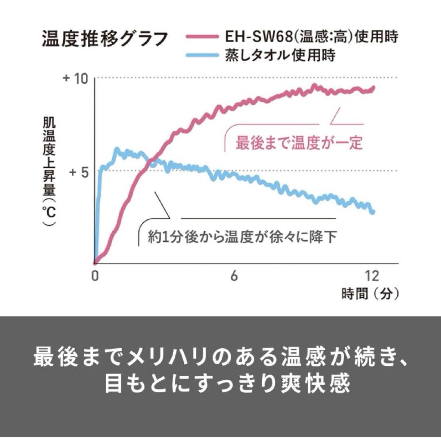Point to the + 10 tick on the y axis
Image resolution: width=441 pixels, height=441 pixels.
pyautogui.click(x=76, y=78)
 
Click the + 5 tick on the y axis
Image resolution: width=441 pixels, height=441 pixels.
pyautogui.click(x=78, y=171)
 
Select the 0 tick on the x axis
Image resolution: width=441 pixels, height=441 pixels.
pyautogui.click(x=95, y=277)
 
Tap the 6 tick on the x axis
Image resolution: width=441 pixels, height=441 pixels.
pyautogui.click(x=234, y=277)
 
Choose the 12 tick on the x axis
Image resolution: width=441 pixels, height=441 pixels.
pyautogui.click(x=372, y=277)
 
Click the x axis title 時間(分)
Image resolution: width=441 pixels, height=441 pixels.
pyautogui.click(x=370, y=294)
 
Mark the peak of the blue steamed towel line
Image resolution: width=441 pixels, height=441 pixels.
pyautogui.click(x=117, y=149)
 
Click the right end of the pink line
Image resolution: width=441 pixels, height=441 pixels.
pyautogui.click(x=373, y=87)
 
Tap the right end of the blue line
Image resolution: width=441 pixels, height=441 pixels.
pyautogui.click(x=372, y=212)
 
